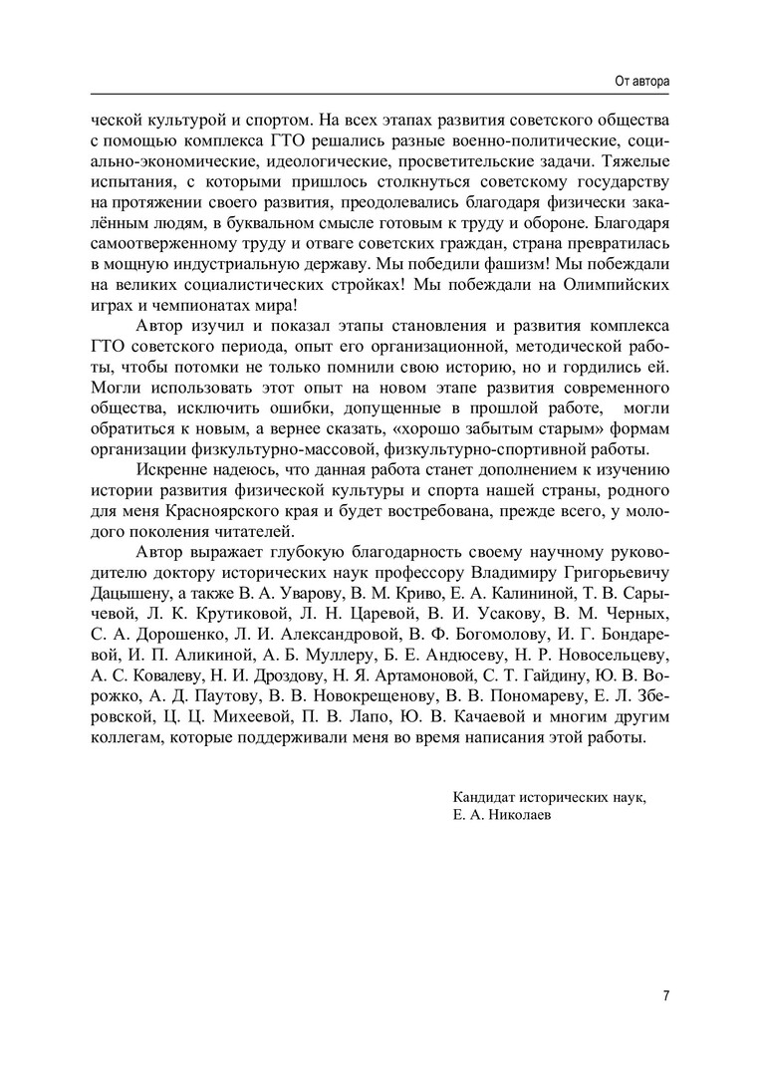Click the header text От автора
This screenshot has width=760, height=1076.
tap(642, 79)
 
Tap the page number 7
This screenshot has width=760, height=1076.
tap(665, 994)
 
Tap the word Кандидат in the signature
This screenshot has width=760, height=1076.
tap(483, 798)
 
